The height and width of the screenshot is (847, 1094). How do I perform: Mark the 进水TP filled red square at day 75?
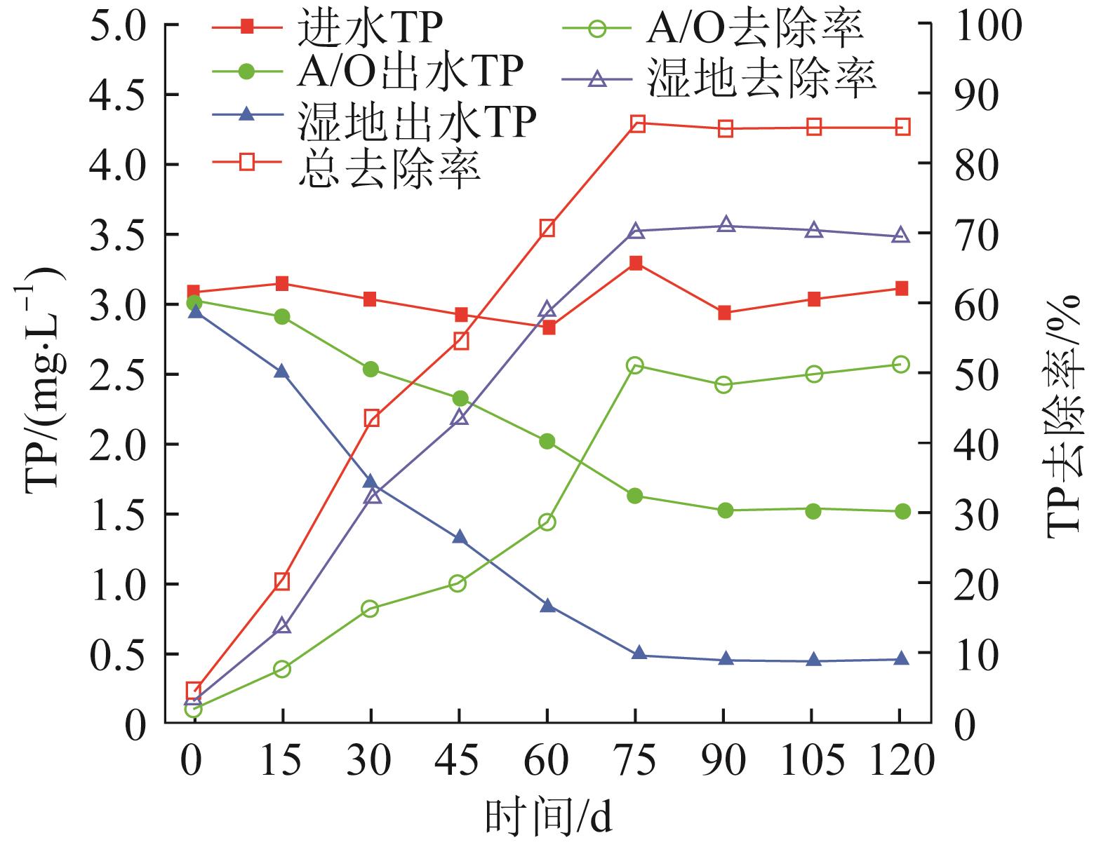coord(636,264)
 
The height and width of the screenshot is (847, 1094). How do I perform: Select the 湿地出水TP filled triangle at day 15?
coord(282,372)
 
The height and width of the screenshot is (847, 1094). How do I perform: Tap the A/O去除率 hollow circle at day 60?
coord(547,522)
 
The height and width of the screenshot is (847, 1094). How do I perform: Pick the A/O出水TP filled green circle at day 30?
coord(371,370)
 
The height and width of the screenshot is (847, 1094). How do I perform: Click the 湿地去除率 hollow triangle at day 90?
coord(726,225)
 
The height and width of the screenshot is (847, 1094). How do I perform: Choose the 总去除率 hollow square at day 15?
coord(282,581)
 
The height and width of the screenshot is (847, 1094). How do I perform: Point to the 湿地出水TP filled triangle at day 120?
coord(902,658)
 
